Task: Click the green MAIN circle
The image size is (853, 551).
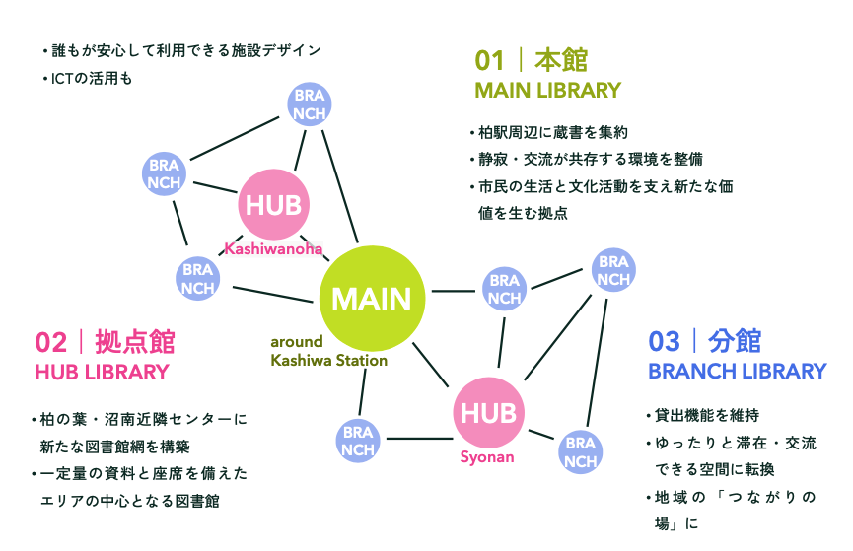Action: pyautogui.click(x=372, y=298)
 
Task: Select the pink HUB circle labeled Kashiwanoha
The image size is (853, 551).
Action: pyautogui.click(x=273, y=204)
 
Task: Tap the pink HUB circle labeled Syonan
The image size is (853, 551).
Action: pyautogui.click(x=488, y=412)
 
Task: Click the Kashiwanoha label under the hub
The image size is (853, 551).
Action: pyautogui.click(x=273, y=249)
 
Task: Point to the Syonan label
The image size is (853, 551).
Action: pyautogui.click(x=487, y=457)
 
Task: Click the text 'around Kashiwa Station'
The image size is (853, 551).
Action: pyautogui.click(x=328, y=351)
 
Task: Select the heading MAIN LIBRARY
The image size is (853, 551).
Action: pyautogui.click(x=548, y=91)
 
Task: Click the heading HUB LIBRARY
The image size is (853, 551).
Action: pyautogui.click(x=103, y=372)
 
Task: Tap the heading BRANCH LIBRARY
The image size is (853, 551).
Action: pyautogui.click(x=737, y=371)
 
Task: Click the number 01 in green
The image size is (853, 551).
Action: pyautogui.click(x=489, y=60)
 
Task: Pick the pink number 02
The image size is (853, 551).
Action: pyautogui.click(x=51, y=343)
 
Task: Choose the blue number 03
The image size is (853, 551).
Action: pyautogui.click(x=665, y=342)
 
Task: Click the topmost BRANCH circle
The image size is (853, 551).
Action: pyautogui.click(x=310, y=104)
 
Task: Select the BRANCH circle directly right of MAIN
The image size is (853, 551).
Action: pyautogui.click(x=504, y=289)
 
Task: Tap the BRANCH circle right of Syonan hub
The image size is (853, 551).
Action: pyautogui.click(x=581, y=452)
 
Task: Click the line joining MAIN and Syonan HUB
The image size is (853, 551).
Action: pyautogui.click(x=430, y=365)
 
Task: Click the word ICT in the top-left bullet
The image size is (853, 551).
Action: pyautogui.click(x=62, y=79)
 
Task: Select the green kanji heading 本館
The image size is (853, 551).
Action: pyautogui.click(x=561, y=60)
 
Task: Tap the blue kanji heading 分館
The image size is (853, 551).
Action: pyautogui.click(x=735, y=342)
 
